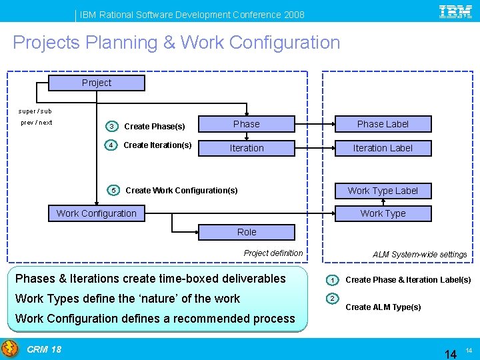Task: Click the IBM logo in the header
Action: pos(455,13)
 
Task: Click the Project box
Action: pos(96,83)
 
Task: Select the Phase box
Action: pos(247,124)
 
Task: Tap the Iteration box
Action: pos(247,148)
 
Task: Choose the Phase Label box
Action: pos(383,124)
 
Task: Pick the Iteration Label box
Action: pos(383,148)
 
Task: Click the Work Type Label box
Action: pos(383,191)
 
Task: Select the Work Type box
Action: pos(383,213)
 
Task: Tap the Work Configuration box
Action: pos(96,213)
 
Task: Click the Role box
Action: pos(247,232)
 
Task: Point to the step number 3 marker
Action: pos(112,127)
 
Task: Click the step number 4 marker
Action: pos(112,145)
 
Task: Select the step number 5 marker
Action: pos(114,190)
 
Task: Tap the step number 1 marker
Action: pos(331,279)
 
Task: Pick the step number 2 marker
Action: pos(331,298)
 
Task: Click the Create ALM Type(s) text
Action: pos(383,307)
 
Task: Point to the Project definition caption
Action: pos(273,253)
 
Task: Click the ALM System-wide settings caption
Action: pos(419,255)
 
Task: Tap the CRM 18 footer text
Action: pos(44,349)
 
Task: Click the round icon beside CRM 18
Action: pos(10,349)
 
